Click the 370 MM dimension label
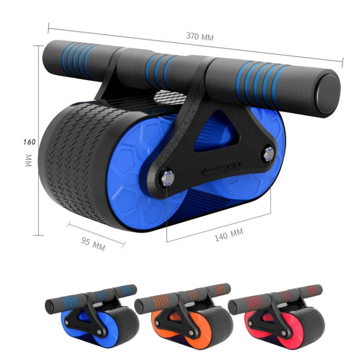coord(200,36)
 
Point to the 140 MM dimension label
coord(228,236)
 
